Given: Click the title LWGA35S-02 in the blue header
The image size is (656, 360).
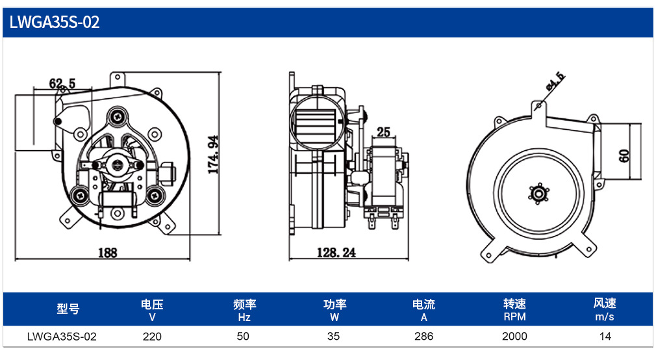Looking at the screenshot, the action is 55,21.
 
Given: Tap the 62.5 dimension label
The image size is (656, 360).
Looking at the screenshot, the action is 62,83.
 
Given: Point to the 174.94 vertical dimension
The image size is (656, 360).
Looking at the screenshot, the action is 214,155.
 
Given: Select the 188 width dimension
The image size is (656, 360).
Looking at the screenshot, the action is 108,253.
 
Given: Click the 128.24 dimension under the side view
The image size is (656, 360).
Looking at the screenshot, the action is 336,252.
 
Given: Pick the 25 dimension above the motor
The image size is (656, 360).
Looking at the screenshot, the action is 383,133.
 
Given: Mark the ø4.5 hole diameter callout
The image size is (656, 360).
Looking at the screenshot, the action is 555,81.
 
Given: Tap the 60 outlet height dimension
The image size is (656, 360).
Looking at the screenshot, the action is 624,156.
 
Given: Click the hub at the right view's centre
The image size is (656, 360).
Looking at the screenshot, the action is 538,194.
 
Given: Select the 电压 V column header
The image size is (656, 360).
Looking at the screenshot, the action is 152,310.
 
